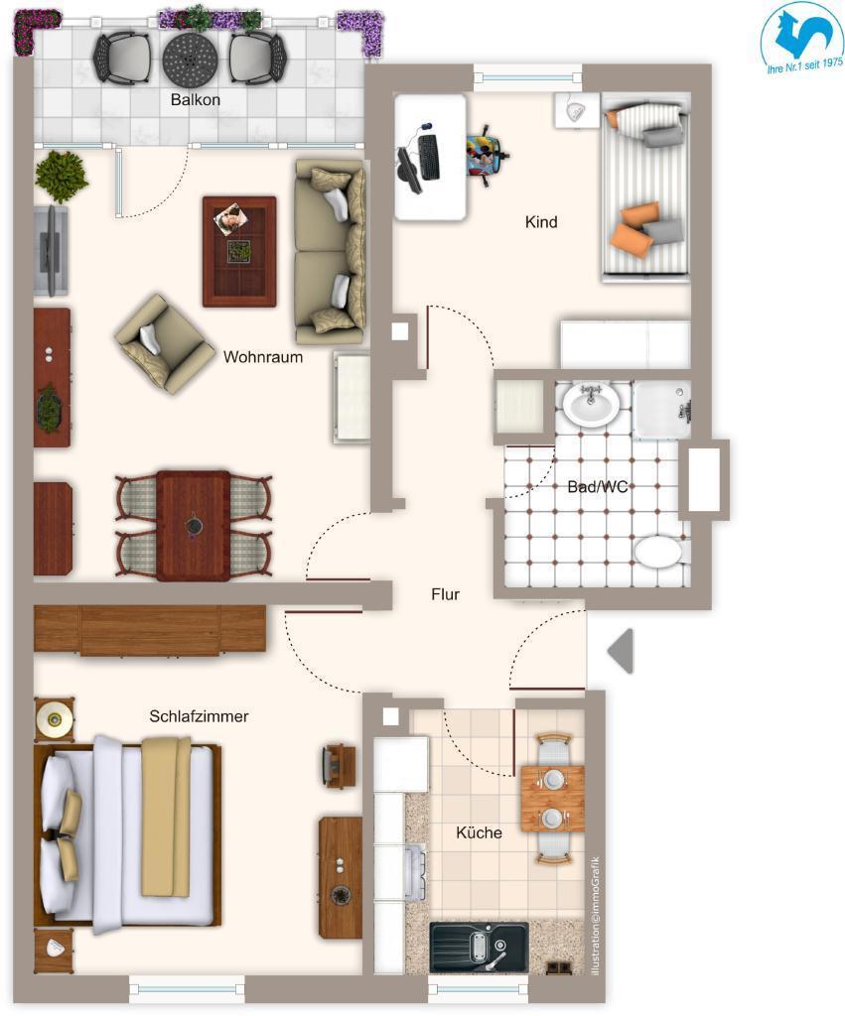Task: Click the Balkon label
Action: click(x=196, y=100)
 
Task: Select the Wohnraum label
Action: click(x=263, y=357)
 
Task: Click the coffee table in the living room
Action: click(x=239, y=251)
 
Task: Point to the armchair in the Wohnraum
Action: click(x=164, y=344)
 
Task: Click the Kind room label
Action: click(x=541, y=222)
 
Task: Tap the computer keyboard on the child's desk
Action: click(x=429, y=158)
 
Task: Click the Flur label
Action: click(x=446, y=594)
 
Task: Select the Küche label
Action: click(x=479, y=832)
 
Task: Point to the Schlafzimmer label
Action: click(x=199, y=716)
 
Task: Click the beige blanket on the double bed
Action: click(x=166, y=817)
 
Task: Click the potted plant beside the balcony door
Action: click(x=62, y=177)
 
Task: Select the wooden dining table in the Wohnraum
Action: click(x=194, y=525)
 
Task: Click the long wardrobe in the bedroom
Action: click(x=150, y=630)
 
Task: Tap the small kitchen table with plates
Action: click(x=552, y=799)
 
